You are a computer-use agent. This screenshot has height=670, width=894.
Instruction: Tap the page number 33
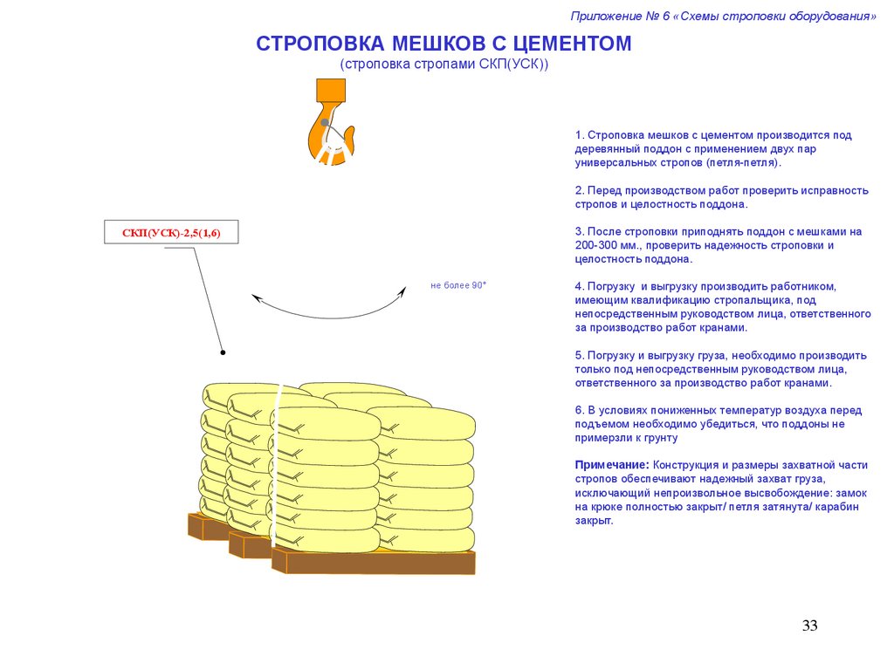click(809, 626)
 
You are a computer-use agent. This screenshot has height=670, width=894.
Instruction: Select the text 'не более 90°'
click(457, 285)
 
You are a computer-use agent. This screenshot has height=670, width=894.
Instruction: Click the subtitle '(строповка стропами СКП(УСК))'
click(444, 65)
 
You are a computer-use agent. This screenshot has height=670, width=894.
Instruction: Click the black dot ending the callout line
click(223, 352)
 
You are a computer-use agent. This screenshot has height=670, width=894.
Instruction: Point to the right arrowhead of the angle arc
click(402, 291)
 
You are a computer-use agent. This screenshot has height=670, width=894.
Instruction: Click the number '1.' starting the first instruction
click(579, 135)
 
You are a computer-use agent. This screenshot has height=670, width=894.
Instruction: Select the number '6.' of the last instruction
click(579, 410)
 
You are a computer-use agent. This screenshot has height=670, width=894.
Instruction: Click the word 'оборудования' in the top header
click(829, 17)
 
